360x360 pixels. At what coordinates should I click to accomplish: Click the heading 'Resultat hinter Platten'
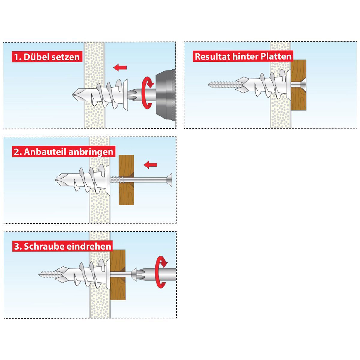tap(243, 56)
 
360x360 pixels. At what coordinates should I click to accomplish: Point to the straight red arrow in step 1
tap(120, 67)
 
